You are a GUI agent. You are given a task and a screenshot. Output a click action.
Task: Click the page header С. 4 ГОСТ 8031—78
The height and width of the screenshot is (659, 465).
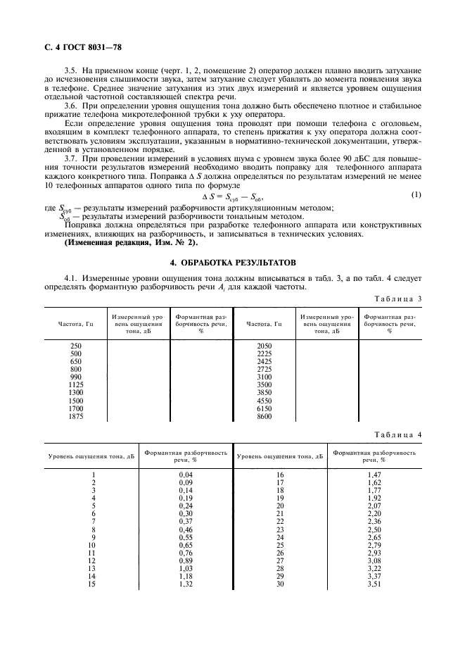[74, 48]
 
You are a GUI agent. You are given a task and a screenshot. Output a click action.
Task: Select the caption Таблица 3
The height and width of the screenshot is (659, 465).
[397, 299]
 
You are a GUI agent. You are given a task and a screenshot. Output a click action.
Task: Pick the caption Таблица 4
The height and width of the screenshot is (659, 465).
[397, 434]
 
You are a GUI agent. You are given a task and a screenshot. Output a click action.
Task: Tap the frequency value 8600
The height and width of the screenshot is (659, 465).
[265, 416]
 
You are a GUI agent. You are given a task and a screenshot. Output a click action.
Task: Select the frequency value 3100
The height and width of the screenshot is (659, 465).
[265, 377]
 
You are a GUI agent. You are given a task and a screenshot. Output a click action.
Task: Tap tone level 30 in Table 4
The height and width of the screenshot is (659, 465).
[279, 583]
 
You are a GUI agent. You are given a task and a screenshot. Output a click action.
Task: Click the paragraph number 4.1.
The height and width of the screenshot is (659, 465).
[71, 278]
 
